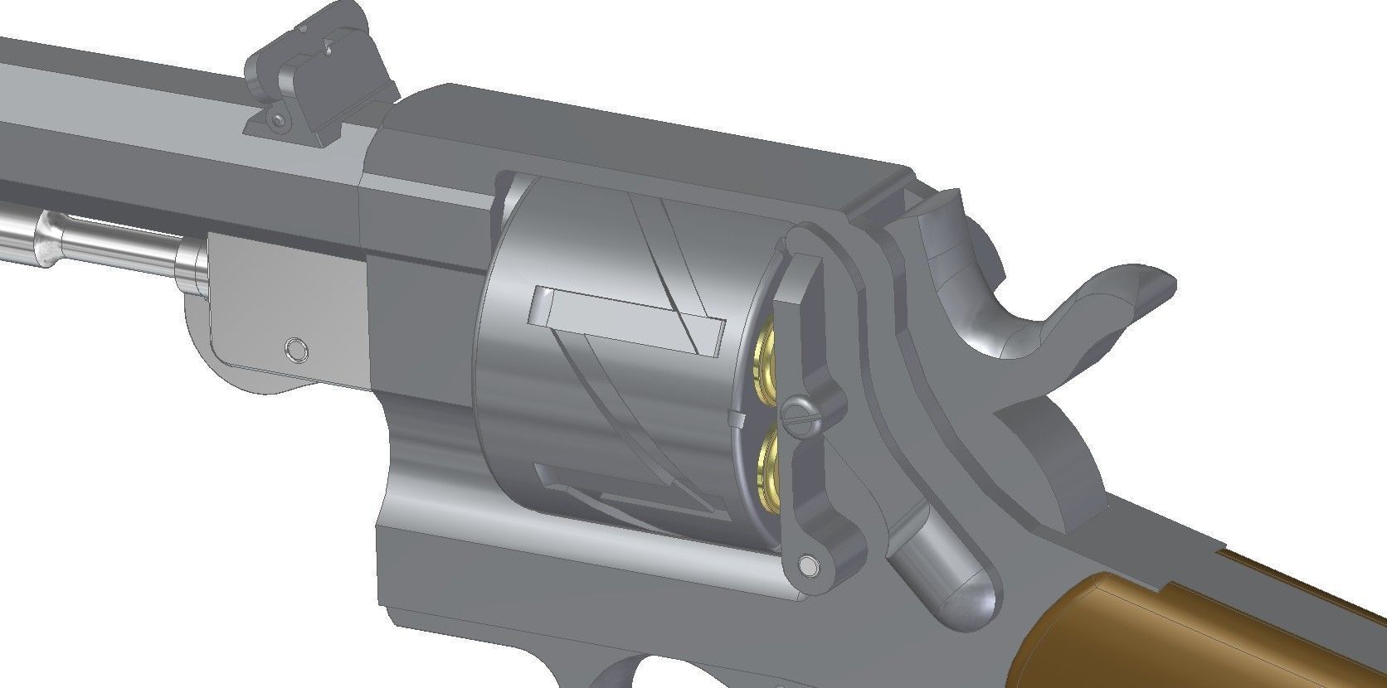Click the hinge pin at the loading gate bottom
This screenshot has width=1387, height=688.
(806, 565)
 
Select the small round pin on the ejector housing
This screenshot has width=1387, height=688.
(294, 348)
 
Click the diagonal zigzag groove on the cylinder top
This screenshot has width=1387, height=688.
(664, 240)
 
